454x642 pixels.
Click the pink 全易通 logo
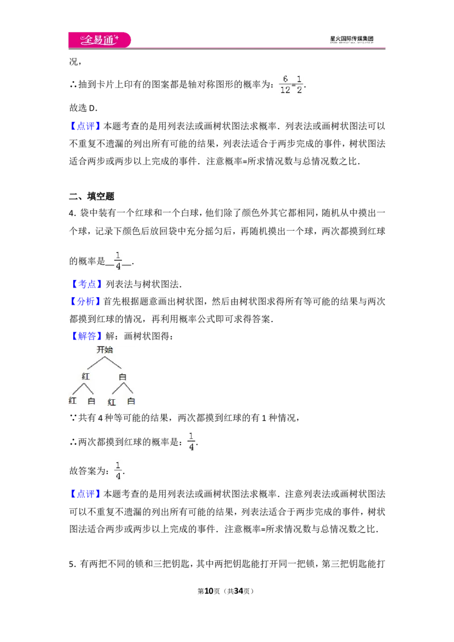click(99, 40)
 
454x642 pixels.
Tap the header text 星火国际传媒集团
click(351, 39)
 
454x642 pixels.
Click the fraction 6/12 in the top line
click(285, 85)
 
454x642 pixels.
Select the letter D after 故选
click(92, 108)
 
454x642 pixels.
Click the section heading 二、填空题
click(91, 196)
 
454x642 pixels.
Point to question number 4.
click(72, 213)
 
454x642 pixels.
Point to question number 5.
click(72, 564)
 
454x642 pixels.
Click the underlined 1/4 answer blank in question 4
click(118, 261)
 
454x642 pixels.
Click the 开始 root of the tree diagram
click(104, 349)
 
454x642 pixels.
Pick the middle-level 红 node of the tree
click(86, 376)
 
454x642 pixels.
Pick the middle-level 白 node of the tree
click(122, 377)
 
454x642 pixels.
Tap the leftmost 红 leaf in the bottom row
click(73, 400)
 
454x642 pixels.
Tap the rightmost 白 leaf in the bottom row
click(131, 401)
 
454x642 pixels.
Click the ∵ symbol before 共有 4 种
click(73, 417)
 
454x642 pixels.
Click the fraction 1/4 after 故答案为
click(118, 471)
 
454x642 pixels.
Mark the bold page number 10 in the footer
click(209, 591)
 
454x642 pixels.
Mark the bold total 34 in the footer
click(238, 591)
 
